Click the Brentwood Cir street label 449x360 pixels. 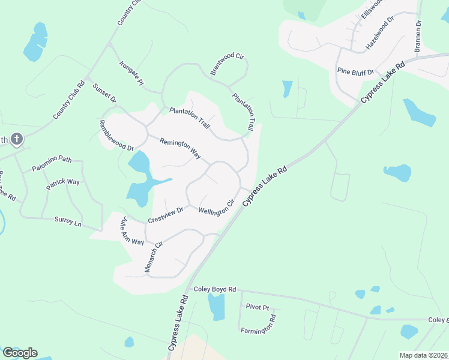(x=227, y=64)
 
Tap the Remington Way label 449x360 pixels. (x=179, y=149)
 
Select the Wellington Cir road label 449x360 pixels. (x=215, y=208)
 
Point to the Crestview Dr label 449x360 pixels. (x=165, y=214)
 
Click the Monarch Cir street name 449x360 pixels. (x=154, y=257)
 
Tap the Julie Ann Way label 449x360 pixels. (x=133, y=230)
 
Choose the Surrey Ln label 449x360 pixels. (x=68, y=221)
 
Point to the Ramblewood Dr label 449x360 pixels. (x=116, y=135)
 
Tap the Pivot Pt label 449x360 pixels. (x=258, y=307)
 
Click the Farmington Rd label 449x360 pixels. (x=258, y=331)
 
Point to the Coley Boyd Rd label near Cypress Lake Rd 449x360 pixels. (x=215, y=289)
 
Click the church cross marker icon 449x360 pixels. (x=17, y=140)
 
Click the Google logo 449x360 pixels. (x=20, y=353)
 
